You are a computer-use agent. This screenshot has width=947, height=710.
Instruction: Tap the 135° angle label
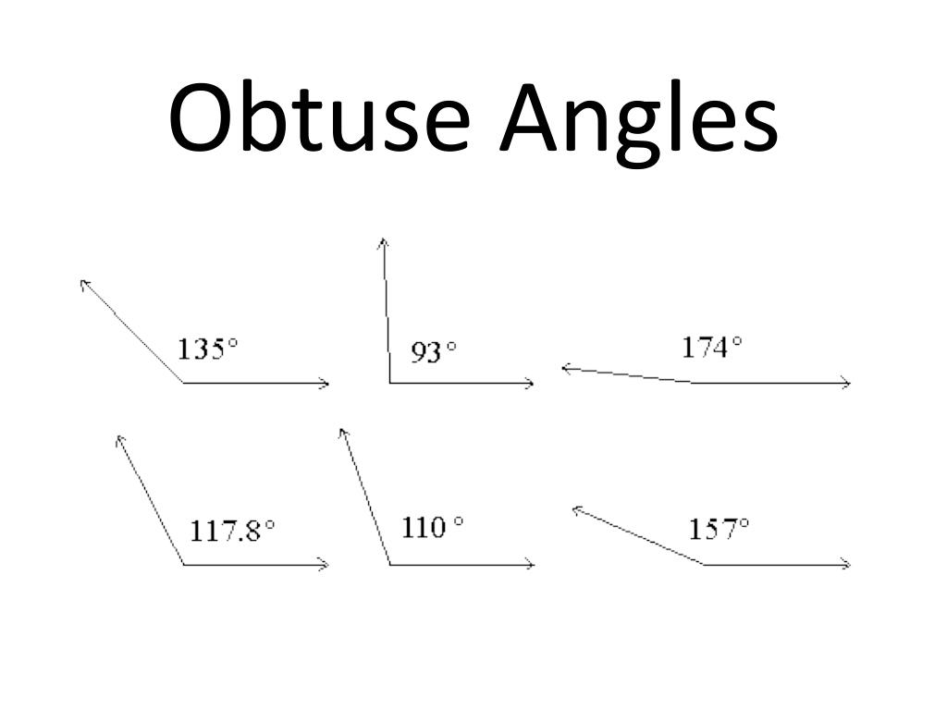click(207, 349)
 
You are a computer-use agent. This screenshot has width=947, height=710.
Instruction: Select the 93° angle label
click(434, 352)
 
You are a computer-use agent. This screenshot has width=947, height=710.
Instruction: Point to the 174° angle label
click(712, 348)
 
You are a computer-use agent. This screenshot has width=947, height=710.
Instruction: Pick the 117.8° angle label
click(232, 531)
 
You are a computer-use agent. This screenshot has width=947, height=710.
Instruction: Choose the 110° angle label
click(432, 528)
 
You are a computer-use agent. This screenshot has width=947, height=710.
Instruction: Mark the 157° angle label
click(719, 530)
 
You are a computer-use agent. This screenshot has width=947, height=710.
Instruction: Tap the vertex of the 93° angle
click(389, 383)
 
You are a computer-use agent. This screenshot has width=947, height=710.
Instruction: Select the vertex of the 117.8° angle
click(183, 564)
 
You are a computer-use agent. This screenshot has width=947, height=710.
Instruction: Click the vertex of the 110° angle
click(389, 564)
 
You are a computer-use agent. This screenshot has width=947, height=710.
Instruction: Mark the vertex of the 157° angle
click(705, 564)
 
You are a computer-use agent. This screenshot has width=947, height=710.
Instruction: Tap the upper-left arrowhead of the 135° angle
click(84, 282)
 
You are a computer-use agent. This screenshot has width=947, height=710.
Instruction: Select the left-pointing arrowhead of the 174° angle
click(565, 369)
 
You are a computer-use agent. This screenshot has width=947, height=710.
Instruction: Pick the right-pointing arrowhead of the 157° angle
click(845, 564)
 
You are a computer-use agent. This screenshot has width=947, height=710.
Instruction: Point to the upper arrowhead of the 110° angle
click(342, 433)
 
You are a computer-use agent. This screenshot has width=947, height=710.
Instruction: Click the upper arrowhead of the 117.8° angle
click(117, 439)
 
